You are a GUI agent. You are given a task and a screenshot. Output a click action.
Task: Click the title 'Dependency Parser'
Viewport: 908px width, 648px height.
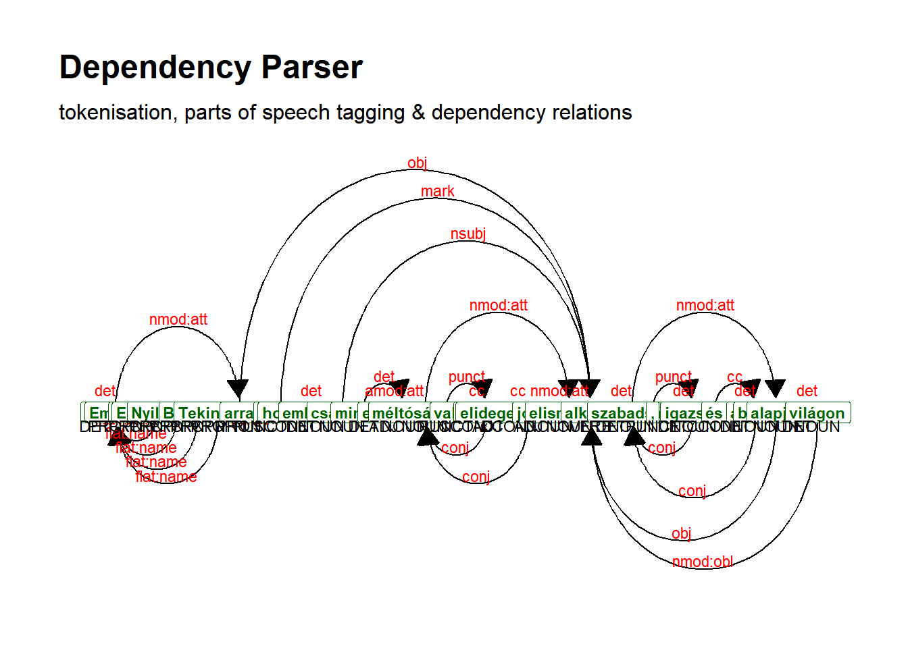[x=211, y=67]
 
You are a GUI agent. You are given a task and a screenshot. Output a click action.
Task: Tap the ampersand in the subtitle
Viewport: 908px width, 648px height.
[x=418, y=113]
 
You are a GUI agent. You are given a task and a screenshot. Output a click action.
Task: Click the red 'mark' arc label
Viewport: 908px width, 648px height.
[x=437, y=192]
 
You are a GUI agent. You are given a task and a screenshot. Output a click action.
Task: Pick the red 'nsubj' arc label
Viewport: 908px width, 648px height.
[x=468, y=234]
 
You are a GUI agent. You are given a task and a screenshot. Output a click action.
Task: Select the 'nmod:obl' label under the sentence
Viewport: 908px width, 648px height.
[x=702, y=562]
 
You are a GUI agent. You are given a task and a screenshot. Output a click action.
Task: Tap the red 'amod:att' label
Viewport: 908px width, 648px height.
[x=394, y=391]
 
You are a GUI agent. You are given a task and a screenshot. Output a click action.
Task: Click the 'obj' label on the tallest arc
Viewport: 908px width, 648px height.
[x=417, y=163]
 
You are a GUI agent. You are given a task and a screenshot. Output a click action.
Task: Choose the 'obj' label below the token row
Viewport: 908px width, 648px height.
[x=681, y=534]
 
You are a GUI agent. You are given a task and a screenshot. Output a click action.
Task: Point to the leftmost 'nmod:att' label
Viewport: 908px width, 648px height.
[x=178, y=320]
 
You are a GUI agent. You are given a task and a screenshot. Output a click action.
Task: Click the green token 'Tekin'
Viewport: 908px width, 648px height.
[x=198, y=413]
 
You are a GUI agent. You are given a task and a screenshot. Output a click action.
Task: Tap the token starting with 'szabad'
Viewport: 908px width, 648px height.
[x=617, y=413]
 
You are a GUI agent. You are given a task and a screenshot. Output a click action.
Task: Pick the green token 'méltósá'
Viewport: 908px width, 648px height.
[x=400, y=413]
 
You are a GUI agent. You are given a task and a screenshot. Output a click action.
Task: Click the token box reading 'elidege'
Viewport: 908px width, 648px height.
[x=486, y=413]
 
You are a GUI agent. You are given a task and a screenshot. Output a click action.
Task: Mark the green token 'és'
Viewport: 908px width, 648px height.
[x=713, y=413]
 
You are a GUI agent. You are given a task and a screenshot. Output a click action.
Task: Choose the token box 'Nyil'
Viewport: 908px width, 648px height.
[x=144, y=413]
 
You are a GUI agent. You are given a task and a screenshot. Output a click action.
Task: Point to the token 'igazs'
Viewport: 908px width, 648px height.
[x=682, y=413]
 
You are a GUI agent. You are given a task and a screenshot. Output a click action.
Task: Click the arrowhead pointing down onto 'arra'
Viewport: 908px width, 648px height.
[x=238, y=389]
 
